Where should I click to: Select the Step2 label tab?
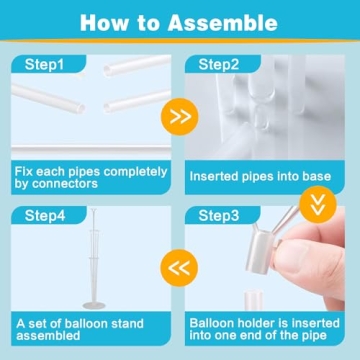click(223, 66)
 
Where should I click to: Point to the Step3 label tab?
click(223, 213)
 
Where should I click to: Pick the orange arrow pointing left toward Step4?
click(179, 267)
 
